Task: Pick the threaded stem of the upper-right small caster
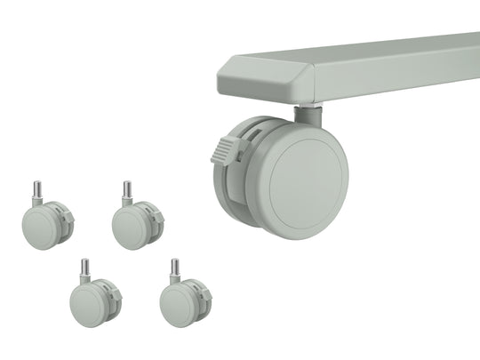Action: pos(127,189)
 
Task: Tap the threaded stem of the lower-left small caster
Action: pos(85,267)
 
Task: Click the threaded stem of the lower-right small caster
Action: pos(175,267)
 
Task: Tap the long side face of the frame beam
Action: pos(400,80)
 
